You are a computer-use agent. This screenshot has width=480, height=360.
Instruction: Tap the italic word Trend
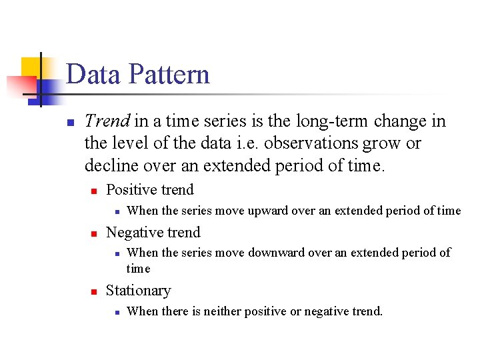[107, 121]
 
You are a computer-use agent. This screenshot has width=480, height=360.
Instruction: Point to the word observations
[325, 143]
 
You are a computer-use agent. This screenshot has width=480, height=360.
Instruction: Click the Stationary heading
[138, 291]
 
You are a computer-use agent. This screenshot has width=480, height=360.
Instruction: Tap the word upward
[270, 211]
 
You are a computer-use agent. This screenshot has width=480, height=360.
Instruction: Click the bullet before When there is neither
[116, 312]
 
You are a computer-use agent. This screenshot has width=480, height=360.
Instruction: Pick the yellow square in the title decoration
[31, 67]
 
